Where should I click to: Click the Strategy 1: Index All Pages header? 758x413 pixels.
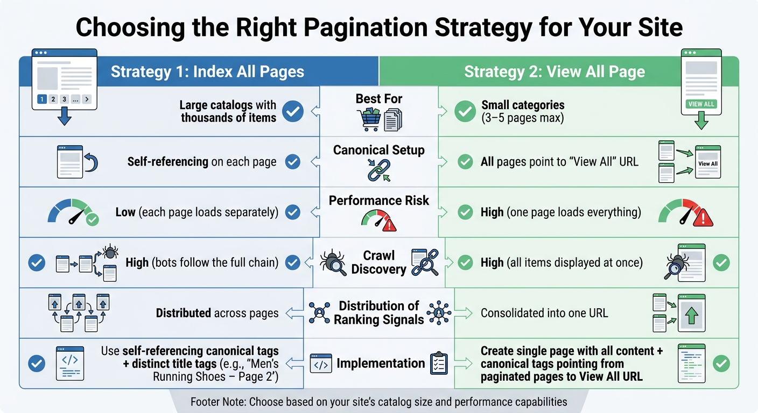pyautogui.click(x=207, y=72)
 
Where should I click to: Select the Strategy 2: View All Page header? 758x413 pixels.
pyautogui.click(x=554, y=72)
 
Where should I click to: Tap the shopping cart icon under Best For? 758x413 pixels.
pyautogui.click(x=368, y=119)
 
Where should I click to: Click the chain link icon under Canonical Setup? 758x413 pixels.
pyautogui.click(x=378, y=169)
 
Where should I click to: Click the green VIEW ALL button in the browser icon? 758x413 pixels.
pyautogui.click(x=702, y=104)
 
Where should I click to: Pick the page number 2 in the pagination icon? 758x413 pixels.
pyautogui.click(x=53, y=99)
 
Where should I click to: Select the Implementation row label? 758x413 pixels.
pyautogui.click(x=380, y=364)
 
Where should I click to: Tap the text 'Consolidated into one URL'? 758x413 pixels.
pyautogui.click(x=544, y=312)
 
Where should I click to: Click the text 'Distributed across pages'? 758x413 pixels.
pyautogui.click(x=217, y=312)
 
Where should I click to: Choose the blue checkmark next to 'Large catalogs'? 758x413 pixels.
pyautogui.click(x=293, y=111)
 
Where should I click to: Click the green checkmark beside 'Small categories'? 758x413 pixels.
pyautogui.click(x=465, y=111)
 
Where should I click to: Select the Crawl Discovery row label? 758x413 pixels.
pyautogui.click(x=378, y=262)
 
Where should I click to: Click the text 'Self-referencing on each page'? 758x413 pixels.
pyautogui.click(x=202, y=161)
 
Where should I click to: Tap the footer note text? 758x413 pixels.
pyautogui.click(x=378, y=401)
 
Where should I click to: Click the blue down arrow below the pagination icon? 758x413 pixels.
pyautogui.click(x=64, y=117)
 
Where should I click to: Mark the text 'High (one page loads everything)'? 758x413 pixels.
pyautogui.click(x=560, y=212)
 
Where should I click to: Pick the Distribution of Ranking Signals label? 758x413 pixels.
pyautogui.click(x=378, y=312)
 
